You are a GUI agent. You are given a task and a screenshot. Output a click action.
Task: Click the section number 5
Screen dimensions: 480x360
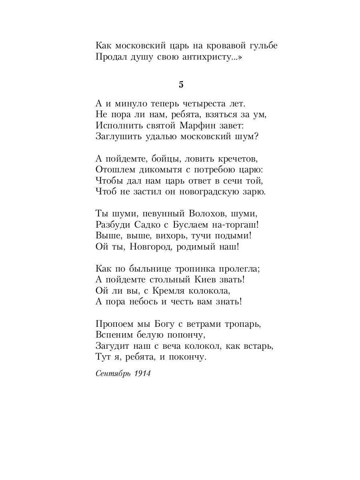pyautogui.click(x=181, y=85)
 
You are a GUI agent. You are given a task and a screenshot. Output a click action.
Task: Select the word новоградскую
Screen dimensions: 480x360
pyautogui.click(x=208, y=192)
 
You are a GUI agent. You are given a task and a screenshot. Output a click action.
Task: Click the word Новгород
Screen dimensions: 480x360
pyautogui.click(x=150, y=246)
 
